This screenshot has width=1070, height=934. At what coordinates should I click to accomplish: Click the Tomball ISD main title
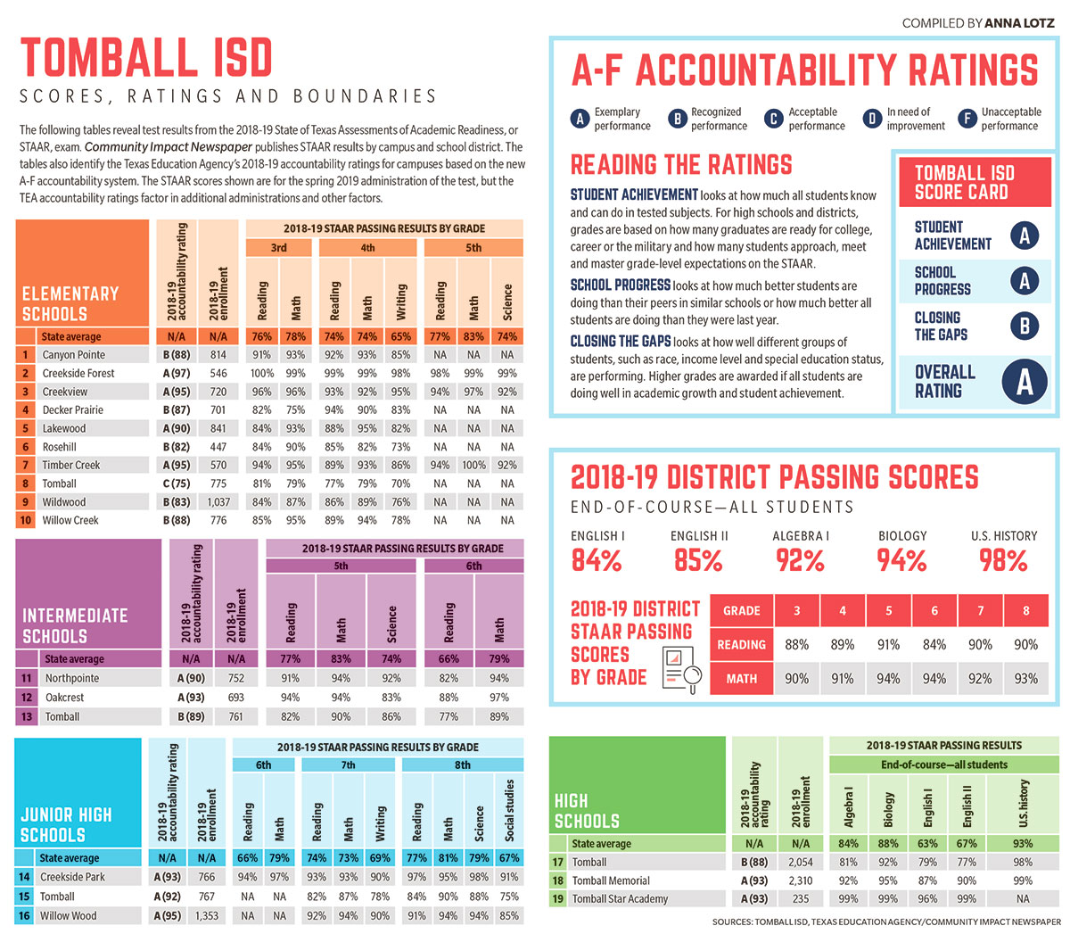pyautogui.click(x=145, y=59)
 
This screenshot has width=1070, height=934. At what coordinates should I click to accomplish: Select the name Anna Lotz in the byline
pyautogui.click(x=1019, y=23)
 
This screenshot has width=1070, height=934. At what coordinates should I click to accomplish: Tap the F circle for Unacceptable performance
pyautogui.click(x=967, y=119)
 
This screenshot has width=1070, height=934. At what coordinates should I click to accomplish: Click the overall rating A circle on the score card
pyautogui.click(x=1025, y=382)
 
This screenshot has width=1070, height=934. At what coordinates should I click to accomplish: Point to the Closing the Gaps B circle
pyautogui.click(x=1025, y=326)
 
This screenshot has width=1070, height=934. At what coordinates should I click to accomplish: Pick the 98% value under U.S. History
pyautogui.click(x=1003, y=561)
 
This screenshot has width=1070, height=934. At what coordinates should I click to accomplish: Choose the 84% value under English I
pyautogui.click(x=597, y=561)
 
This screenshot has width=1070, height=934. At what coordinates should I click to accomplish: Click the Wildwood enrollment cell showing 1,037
pyautogui.click(x=218, y=502)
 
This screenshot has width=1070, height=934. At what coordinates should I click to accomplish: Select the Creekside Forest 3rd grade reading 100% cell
pyautogui.click(x=262, y=374)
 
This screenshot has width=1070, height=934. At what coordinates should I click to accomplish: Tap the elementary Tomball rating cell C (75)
pyautogui.click(x=177, y=484)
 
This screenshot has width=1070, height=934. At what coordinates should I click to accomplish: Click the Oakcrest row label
pyautogui.click(x=64, y=698)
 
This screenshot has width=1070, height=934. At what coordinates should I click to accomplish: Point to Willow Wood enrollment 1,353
pyautogui.click(x=206, y=915)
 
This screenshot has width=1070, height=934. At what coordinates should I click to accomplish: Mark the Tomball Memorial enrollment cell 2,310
pyautogui.click(x=801, y=880)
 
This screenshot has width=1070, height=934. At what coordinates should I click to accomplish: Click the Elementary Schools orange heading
pyautogui.click(x=70, y=304)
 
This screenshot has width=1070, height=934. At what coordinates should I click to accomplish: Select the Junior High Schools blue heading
pyautogui.click(x=66, y=825)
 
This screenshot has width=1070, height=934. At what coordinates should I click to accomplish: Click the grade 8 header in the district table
pyautogui.click(x=1025, y=611)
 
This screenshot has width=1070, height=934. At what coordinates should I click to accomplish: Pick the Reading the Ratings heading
pyautogui.click(x=681, y=165)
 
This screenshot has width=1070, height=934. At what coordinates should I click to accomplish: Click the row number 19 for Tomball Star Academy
pyautogui.click(x=558, y=899)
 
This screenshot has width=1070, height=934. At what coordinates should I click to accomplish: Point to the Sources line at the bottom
pyautogui.click(x=886, y=922)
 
